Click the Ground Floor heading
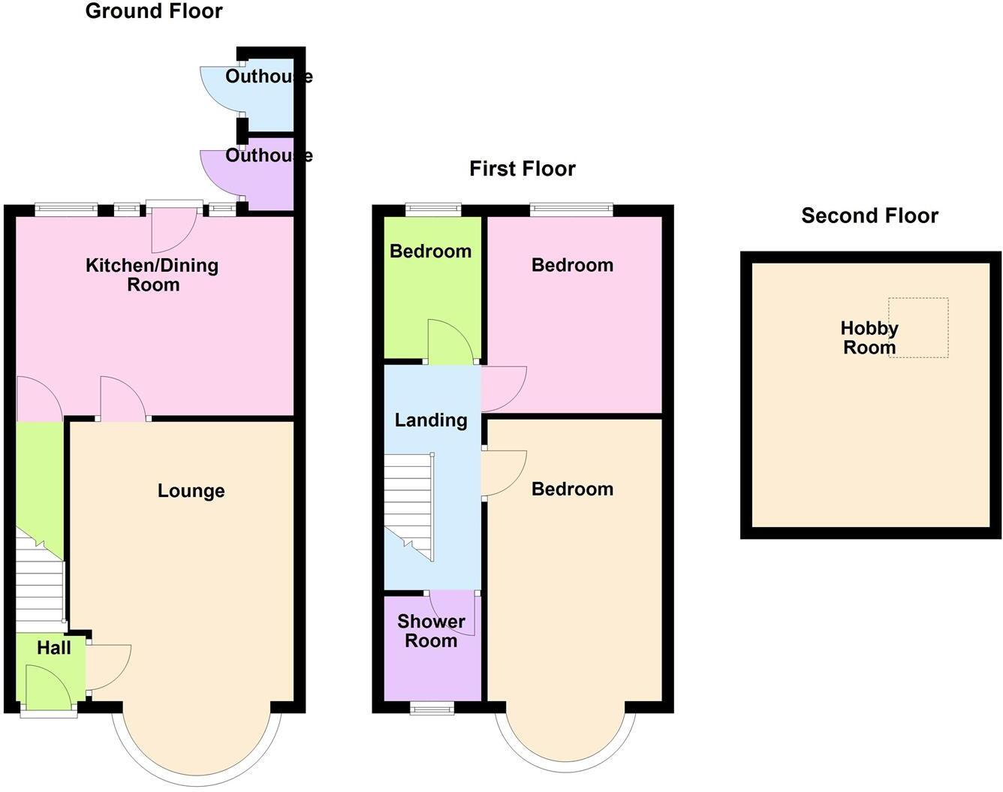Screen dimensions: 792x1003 [x=154, y=11]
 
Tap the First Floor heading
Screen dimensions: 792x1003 [x=523, y=169]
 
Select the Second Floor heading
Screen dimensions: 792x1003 [x=869, y=216]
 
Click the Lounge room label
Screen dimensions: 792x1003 [x=191, y=491]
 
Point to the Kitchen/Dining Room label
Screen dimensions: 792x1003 [x=152, y=275]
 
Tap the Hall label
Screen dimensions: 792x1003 [x=54, y=648]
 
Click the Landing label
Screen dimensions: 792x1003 [x=431, y=420]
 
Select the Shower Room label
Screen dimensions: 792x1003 [x=431, y=631]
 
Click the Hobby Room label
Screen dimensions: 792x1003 [x=869, y=338]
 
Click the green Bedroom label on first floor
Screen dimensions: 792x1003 [x=430, y=251]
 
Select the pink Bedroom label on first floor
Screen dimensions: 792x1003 [x=572, y=265]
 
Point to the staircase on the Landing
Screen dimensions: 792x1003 [x=410, y=507]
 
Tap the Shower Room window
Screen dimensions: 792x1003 [x=432, y=707]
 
